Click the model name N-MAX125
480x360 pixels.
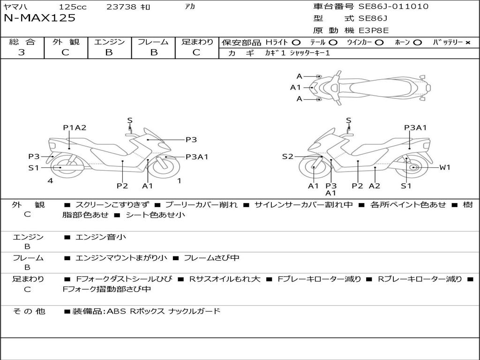click(x=39, y=18)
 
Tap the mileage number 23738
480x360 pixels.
click(x=121, y=7)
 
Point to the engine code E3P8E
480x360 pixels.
click(x=374, y=30)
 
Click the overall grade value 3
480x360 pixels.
click(x=22, y=52)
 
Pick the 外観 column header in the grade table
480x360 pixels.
click(x=66, y=42)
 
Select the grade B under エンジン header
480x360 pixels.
click(x=109, y=52)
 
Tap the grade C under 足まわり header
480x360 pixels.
click(x=196, y=52)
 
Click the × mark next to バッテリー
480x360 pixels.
click(x=467, y=43)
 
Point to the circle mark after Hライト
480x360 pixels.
click(x=296, y=43)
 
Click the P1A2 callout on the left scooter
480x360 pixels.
click(x=75, y=127)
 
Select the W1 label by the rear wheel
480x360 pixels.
click(x=444, y=167)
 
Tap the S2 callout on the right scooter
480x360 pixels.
click(x=287, y=157)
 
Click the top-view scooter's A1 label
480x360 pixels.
click(x=295, y=87)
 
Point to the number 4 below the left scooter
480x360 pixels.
click(x=50, y=180)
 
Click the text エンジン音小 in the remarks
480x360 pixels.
click(x=101, y=237)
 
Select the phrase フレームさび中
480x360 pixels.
click(x=211, y=258)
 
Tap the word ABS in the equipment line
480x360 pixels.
click(x=117, y=311)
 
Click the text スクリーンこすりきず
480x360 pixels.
click(x=112, y=205)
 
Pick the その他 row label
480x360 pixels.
click(x=29, y=311)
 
